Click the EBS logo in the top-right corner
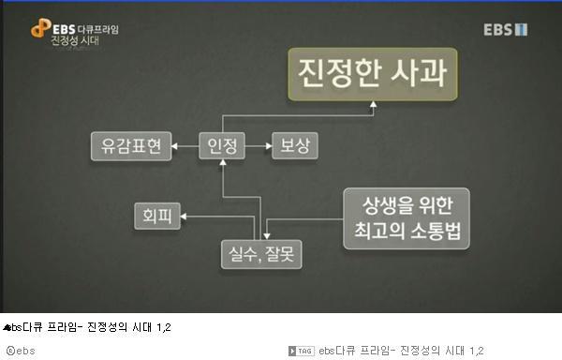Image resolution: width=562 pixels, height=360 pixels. tap(506, 30)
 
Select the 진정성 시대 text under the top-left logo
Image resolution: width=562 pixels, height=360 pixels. tap(78, 41)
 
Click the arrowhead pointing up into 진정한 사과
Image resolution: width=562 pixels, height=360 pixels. tap(371, 109)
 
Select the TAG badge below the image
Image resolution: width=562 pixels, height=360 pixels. tap(303, 351)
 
